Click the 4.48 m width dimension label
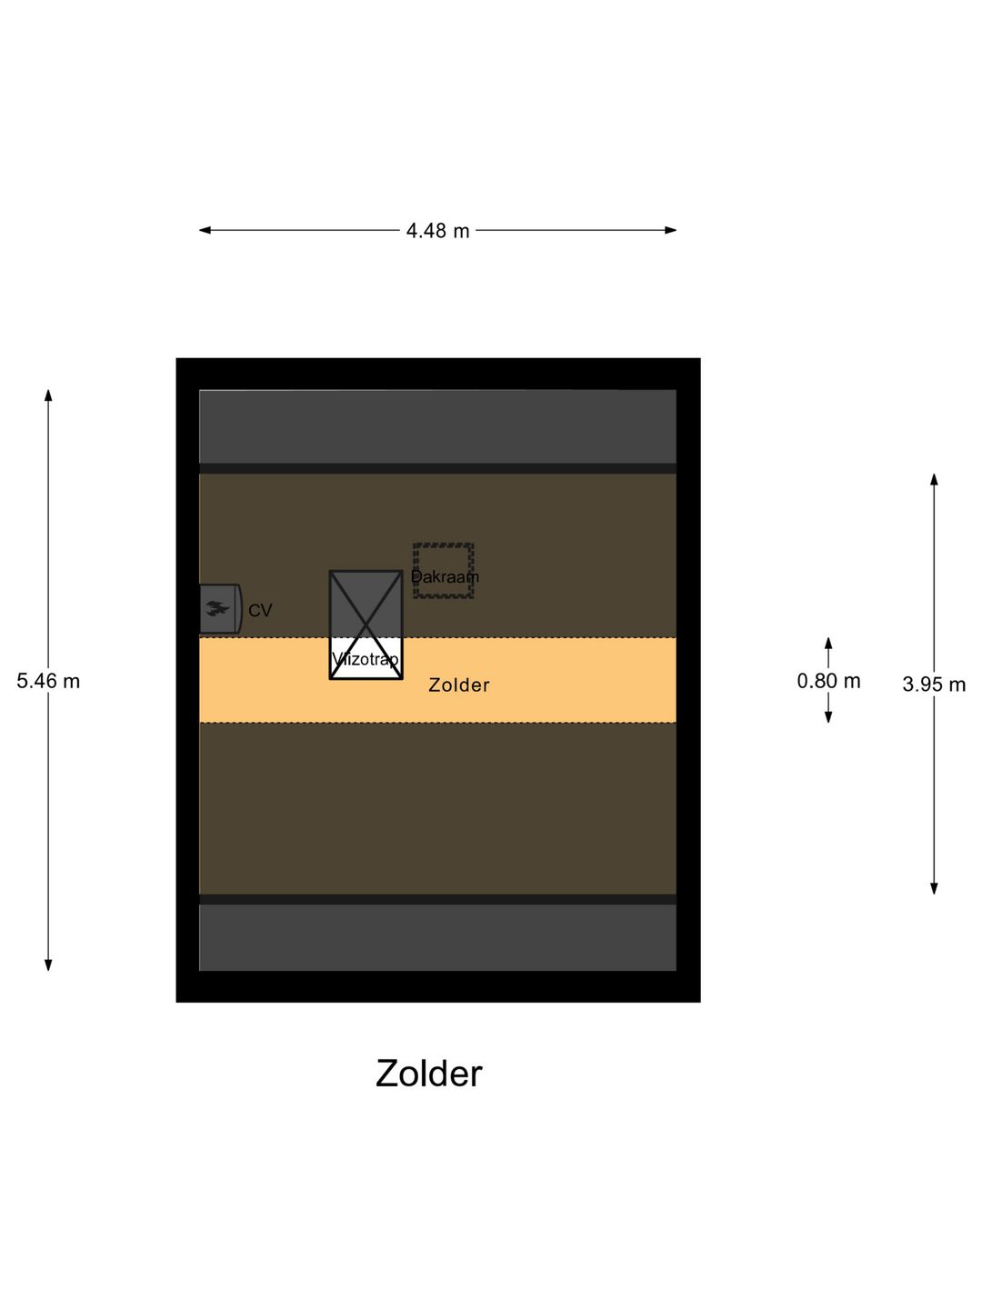437,231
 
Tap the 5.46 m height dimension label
48,681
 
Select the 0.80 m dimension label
828,681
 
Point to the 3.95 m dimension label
934,684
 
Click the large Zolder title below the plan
428,1074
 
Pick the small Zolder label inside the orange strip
459,685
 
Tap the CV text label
260,611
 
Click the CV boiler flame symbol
216,608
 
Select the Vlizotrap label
366,659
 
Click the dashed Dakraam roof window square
444,571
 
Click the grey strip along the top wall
437,426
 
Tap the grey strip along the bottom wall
437,937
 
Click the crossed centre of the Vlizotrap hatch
366,625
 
